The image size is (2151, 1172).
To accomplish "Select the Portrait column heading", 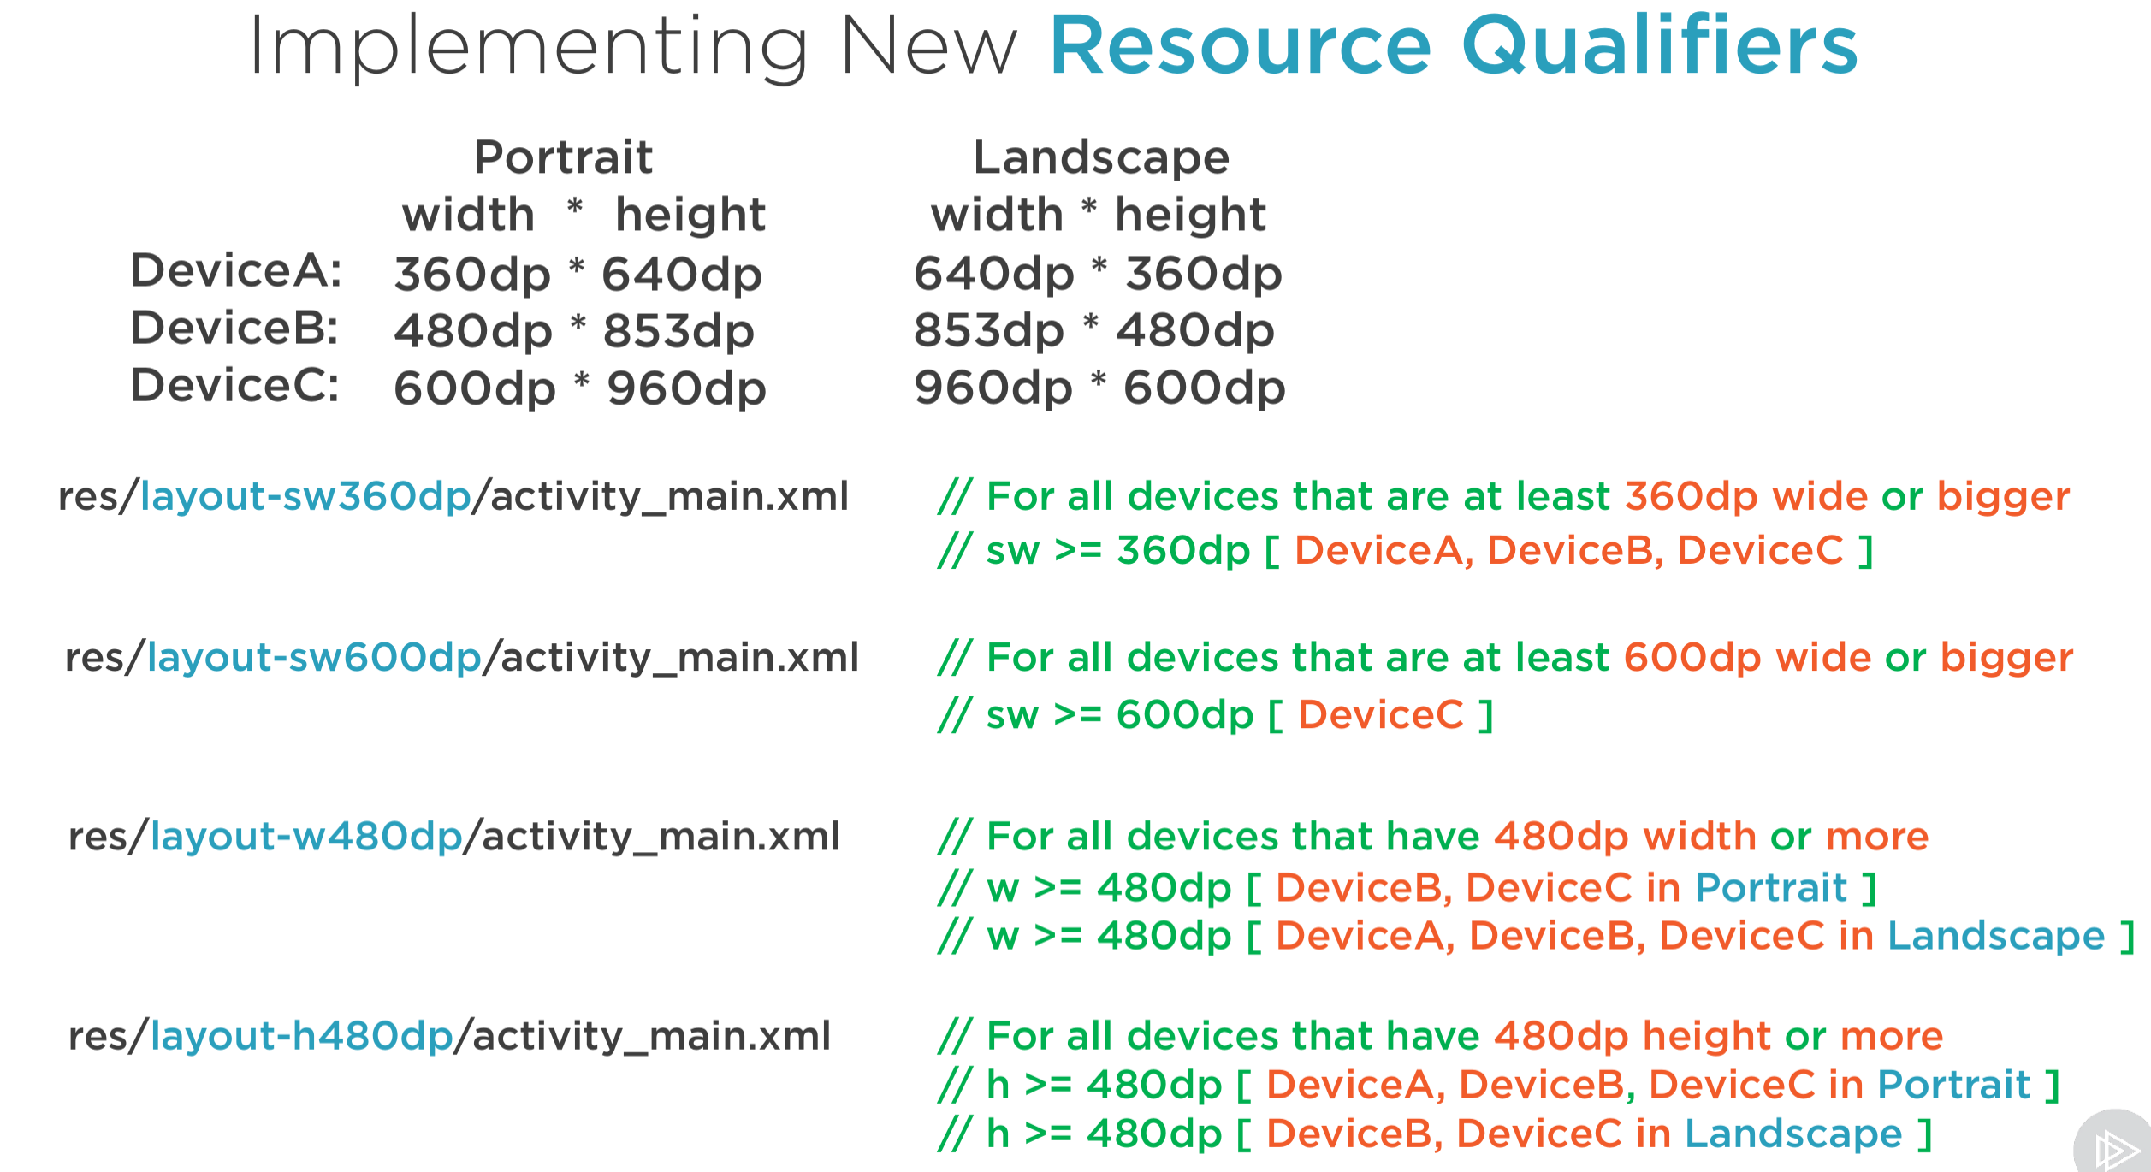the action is (564, 157).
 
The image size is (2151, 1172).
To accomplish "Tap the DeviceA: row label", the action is (236, 271).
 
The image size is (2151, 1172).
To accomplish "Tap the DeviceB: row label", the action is (234, 329).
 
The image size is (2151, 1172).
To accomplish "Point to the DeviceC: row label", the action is (234, 386).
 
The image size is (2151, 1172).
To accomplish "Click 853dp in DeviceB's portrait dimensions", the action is (678, 332).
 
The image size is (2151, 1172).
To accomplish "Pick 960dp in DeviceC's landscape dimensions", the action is (993, 388).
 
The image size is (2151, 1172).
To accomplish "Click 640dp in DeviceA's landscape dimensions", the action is (993, 275).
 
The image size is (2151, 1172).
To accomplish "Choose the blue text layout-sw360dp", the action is (305, 497).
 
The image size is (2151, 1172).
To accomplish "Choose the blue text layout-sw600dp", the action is (315, 658).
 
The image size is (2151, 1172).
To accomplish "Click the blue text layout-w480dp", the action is (306, 837).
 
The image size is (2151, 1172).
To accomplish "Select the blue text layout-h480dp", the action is (301, 1037).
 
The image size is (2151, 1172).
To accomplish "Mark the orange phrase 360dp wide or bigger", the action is (1847, 497).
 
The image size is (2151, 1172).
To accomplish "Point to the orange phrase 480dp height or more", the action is (1719, 1037).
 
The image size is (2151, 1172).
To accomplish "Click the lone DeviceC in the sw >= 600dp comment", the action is (1381, 715).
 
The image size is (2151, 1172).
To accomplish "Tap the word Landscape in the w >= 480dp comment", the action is (1996, 936).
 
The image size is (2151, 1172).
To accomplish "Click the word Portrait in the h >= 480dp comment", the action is (1954, 1086).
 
